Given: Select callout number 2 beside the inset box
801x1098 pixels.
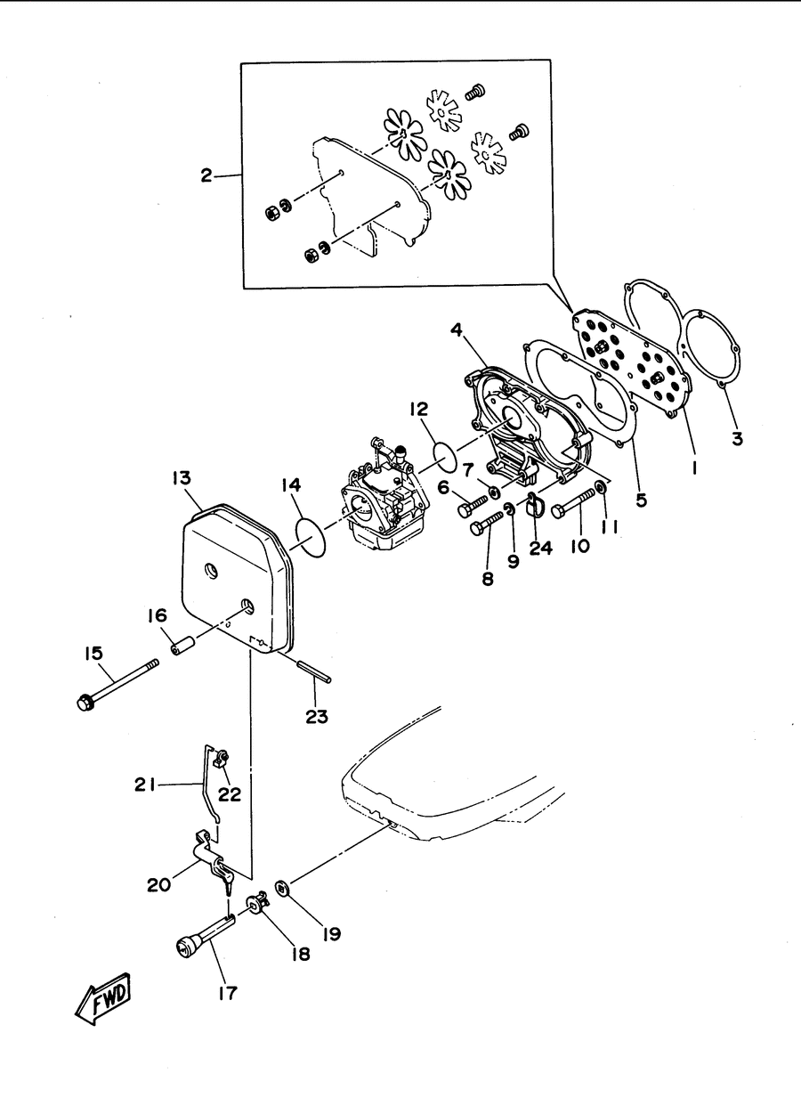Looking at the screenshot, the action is point(206,175).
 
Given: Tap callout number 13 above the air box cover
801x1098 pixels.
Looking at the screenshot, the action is point(182,478).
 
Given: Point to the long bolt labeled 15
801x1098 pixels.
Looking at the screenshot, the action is point(118,685).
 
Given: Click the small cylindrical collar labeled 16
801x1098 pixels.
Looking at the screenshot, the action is point(183,645).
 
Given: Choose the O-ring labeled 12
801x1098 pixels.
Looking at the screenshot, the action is point(445,454).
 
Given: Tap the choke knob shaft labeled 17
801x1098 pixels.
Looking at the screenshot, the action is point(206,935).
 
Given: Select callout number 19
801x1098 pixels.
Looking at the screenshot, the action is point(332,934).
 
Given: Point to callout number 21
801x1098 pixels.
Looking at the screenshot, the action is point(144,785).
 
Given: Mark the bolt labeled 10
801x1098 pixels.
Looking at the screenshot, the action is point(573,502).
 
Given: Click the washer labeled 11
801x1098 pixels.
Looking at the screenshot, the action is point(600,487).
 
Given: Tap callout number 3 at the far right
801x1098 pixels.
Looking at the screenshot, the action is point(737,438).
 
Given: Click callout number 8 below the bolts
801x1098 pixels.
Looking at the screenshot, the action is point(488,580).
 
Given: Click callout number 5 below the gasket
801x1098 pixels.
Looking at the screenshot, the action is point(641,500).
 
